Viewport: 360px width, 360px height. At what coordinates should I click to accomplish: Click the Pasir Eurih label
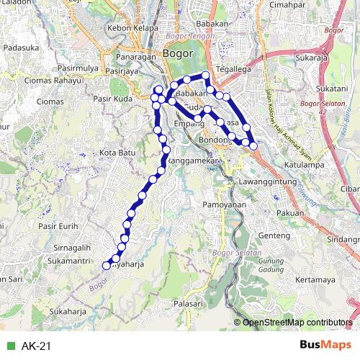pos(58,226)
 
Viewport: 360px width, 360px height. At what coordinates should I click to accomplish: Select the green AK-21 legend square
pos(9,346)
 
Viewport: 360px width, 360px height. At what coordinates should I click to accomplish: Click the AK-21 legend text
pos(36,346)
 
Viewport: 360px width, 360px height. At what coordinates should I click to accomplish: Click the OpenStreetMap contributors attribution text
pos(297,322)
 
